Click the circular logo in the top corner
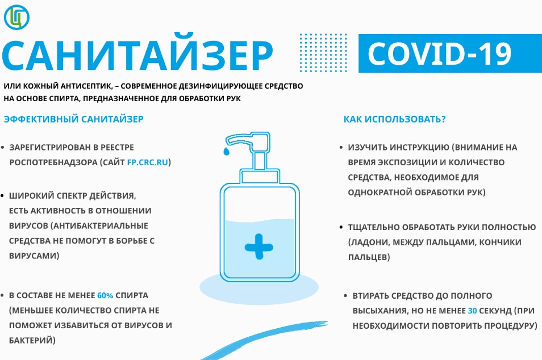pos(16,17)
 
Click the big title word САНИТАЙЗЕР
pos(137,55)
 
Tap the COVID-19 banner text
pos(439,53)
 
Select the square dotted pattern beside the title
pos(323,53)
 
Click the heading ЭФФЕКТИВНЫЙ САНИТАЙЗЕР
pos(74,119)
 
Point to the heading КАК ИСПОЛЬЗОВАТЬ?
pos(394,119)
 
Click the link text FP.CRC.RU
pos(148,162)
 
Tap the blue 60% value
pos(105,296)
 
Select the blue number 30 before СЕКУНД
pos(472,311)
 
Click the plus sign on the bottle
pos(259,246)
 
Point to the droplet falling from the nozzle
pos(226,151)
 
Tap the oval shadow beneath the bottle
pos(259,287)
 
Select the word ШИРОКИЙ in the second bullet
pos(31,196)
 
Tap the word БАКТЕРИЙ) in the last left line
pos(32,340)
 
